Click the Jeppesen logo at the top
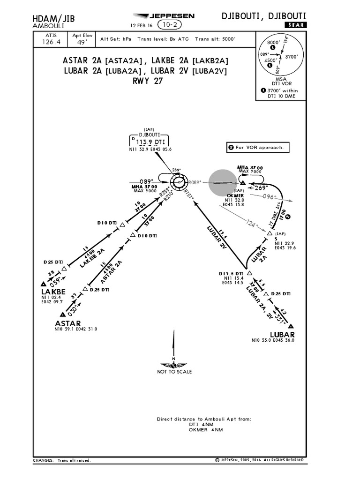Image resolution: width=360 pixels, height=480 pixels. click(x=163, y=16)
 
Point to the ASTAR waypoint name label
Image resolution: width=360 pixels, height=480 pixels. click(x=68, y=323)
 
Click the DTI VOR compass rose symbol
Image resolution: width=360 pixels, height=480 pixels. click(x=178, y=181)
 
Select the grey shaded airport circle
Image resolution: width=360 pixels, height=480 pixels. click(x=223, y=182)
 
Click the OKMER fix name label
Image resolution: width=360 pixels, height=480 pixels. click(x=235, y=195)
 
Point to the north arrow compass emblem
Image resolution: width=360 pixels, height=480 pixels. click(x=173, y=365)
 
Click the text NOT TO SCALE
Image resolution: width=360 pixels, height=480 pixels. click(x=174, y=372)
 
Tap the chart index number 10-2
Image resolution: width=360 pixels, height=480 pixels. click(x=171, y=25)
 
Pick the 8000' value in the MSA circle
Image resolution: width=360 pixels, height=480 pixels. click(x=273, y=43)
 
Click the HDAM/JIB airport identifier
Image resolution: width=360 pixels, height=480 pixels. click(x=53, y=18)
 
